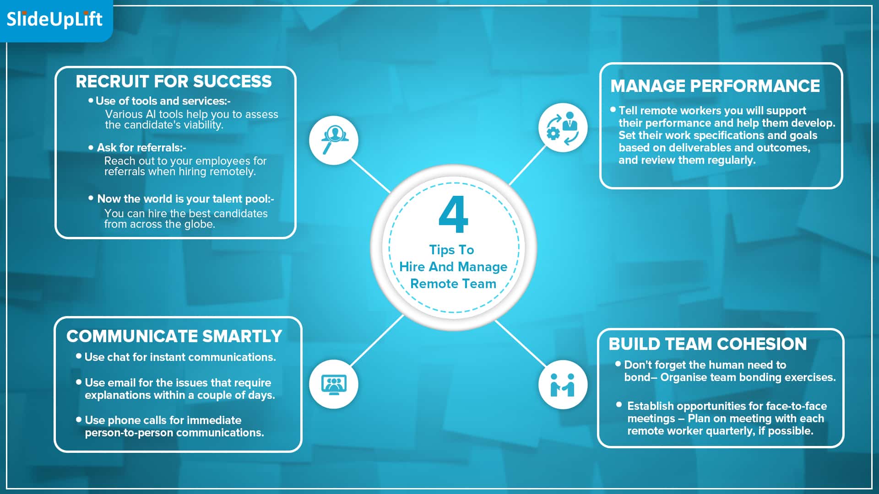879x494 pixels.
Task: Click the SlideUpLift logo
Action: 54,19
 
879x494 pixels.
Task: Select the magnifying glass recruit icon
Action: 334,140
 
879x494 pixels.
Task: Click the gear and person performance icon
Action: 563,128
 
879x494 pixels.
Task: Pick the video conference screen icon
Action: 334,384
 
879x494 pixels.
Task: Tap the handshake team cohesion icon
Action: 563,384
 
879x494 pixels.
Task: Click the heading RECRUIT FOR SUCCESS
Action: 174,81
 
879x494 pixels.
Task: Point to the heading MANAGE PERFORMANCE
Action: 715,86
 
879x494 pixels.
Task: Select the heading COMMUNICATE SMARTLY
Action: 174,336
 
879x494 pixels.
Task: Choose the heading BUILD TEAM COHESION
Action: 708,344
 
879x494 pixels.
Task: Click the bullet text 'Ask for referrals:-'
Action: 141,148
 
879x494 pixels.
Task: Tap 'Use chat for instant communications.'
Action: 180,357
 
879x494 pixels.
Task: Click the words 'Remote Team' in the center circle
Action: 453,284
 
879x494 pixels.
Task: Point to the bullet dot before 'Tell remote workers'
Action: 613,109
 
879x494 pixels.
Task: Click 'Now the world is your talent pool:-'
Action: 185,199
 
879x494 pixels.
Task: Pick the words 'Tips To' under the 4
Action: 451,250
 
